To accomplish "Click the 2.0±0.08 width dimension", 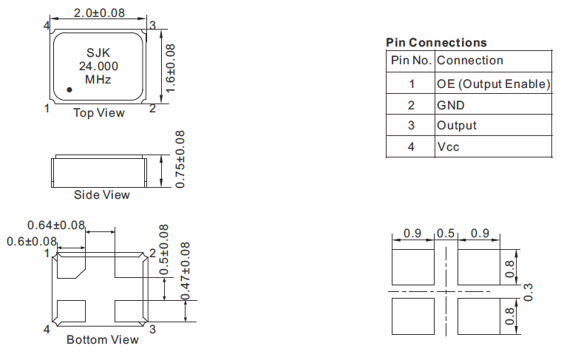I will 99,13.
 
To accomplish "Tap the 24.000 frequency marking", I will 98,66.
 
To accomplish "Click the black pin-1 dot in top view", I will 69,89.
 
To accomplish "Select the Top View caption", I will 98,113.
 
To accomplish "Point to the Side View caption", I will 101,195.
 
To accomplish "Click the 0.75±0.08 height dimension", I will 180,159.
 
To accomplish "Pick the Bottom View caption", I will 102,340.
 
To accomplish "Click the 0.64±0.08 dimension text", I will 56,225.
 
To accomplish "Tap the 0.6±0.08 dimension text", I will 32,241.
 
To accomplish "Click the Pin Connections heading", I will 436,42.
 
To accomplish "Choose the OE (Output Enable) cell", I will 494,84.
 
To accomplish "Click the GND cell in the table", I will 451,105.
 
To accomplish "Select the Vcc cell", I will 448,147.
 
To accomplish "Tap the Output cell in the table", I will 457,126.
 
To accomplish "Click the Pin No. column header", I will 411,61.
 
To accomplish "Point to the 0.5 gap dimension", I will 446,234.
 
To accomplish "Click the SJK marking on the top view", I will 98,53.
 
